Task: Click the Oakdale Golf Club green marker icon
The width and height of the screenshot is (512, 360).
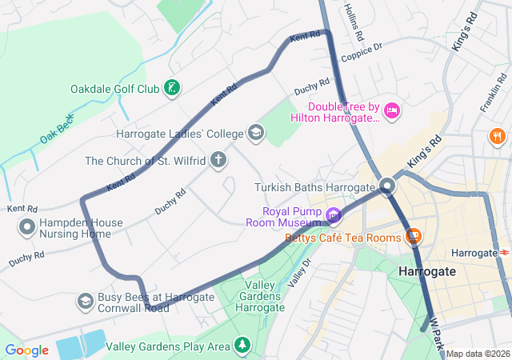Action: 171,88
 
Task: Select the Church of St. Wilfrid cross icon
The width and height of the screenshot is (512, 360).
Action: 218,160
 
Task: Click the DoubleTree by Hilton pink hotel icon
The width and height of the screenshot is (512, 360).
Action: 392,110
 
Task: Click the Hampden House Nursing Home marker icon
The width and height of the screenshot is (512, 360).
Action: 27,228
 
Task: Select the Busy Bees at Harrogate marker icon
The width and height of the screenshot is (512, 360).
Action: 84,302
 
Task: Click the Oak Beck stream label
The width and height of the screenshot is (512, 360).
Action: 57,130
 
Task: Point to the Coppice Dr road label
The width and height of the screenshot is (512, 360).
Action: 362,52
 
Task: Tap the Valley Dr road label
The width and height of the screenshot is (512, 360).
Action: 300,275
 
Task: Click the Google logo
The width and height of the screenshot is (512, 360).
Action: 26,350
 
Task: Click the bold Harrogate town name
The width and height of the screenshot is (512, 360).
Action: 426,272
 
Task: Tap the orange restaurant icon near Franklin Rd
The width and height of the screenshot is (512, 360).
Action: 498,136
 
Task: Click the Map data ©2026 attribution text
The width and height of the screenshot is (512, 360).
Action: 478,354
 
